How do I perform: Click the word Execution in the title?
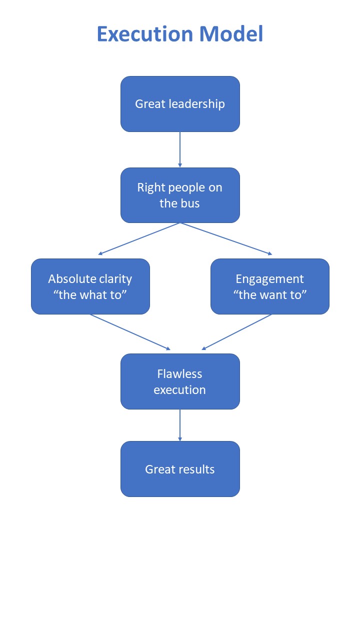(144, 34)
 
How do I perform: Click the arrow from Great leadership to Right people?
(180, 149)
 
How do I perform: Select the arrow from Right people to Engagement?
(226, 239)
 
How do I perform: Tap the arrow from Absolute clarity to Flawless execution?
(130, 332)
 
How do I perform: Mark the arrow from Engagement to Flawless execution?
(237, 332)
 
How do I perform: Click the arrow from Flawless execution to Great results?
(180, 425)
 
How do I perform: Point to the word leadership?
(196, 104)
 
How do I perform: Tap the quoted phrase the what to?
(90, 294)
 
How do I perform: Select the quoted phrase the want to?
(270, 294)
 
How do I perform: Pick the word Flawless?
(179, 374)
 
